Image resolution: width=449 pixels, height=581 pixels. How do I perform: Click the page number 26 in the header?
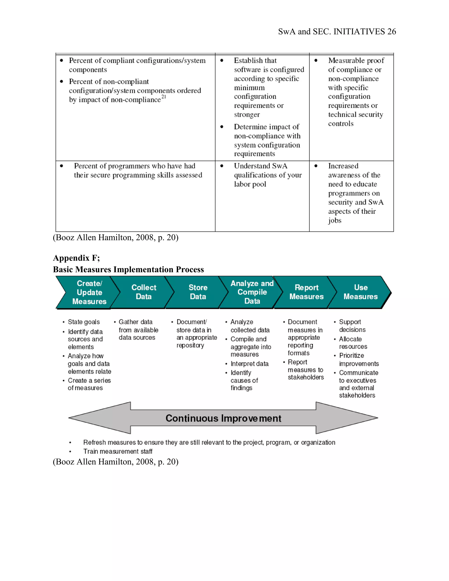pyautogui.click(x=391, y=32)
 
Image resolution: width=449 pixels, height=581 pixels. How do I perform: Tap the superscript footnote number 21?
pyautogui.click(x=164, y=97)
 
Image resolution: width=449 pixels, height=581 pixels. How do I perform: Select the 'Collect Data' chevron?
pyautogui.click(x=144, y=292)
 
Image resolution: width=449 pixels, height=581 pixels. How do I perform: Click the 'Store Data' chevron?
pyautogui.click(x=198, y=292)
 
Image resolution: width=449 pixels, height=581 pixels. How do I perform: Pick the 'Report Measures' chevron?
pyautogui.click(x=306, y=292)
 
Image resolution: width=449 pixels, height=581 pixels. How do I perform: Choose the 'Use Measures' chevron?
pyautogui.click(x=360, y=292)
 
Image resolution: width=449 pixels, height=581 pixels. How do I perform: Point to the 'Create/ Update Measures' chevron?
pyautogui.click(x=89, y=292)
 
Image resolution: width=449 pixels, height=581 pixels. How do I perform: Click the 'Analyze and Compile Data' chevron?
pyautogui.click(x=252, y=292)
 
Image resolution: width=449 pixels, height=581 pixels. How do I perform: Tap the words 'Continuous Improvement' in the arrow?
pyautogui.click(x=223, y=418)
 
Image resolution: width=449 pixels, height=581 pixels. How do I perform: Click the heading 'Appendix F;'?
pyautogui.click(x=76, y=258)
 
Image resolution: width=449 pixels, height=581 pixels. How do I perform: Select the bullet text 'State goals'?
pyautogui.click(x=84, y=322)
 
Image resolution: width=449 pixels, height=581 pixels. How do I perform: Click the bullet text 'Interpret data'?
pyautogui.click(x=249, y=364)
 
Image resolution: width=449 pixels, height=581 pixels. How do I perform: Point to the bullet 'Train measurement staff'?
pyautogui.click(x=118, y=451)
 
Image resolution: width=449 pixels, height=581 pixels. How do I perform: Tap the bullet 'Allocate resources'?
pyautogui.click(x=353, y=343)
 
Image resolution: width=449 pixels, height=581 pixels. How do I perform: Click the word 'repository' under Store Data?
pyautogui.click(x=190, y=345)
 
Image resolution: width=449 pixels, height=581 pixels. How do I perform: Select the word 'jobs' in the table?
pyautogui.click(x=335, y=221)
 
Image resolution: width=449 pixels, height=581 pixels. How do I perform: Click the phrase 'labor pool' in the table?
pyautogui.click(x=250, y=184)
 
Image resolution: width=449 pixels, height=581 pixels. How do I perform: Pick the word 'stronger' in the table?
pyautogui.click(x=247, y=115)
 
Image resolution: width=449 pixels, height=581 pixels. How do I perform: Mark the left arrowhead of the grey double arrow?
pyautogui.click(x=88, y=418)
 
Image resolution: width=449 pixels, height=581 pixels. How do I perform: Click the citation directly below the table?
pyautogui.click(x=116, y=237)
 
